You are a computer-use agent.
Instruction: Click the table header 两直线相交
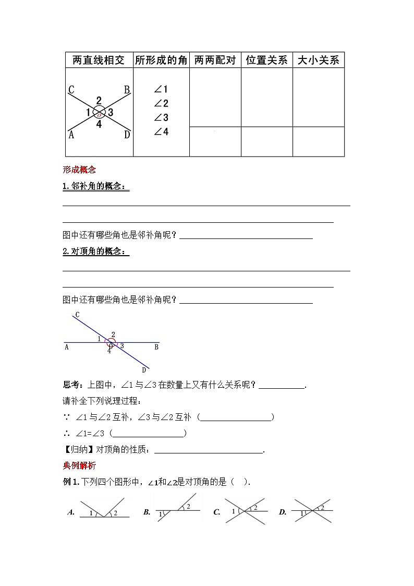tap(99, 61)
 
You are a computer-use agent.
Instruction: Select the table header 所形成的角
tap(161, 61)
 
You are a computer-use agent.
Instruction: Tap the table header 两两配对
tap(215, 61)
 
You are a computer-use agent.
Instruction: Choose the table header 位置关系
tap(266, 61)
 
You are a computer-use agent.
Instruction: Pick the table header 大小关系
tap(318, 61)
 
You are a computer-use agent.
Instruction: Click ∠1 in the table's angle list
tap(161, 90)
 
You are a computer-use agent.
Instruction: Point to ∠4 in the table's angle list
tap(161, 132)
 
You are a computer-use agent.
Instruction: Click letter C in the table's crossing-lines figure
tap(71, 90)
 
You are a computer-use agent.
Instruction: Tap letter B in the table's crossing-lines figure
tap(127, 90)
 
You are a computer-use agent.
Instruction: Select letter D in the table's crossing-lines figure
tap(127, 135)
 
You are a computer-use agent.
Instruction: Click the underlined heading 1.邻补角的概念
tap(95, 187)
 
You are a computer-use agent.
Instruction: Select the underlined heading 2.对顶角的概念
tap(95, 252)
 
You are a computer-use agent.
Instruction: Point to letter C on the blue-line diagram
tap(77, 315)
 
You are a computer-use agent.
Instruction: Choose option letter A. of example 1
tap(71, 512)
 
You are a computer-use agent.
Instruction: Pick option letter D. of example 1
tap(283, 512)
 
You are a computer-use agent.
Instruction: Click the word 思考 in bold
tap(70, 386)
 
